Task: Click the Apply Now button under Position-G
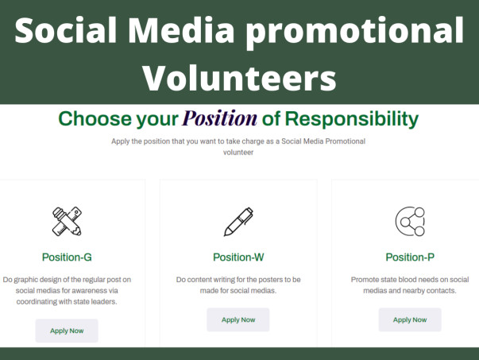(67, 331)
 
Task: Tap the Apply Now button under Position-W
(238, 319)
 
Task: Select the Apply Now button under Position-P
(410, 319)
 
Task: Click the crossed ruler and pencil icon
(68, 222)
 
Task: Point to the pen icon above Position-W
(238, 222)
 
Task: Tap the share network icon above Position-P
(410, 222)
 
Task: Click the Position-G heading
(67, 257)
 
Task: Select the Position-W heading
(238, 257)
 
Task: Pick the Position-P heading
(410, 257)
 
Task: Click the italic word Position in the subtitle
(220, 118)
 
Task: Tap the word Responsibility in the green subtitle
(352, 119)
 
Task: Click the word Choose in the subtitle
(95, 118)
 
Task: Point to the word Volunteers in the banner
(240, 78)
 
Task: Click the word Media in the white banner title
(181, 30)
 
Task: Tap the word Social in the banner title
(65, 30)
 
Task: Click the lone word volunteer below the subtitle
(238, 153)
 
